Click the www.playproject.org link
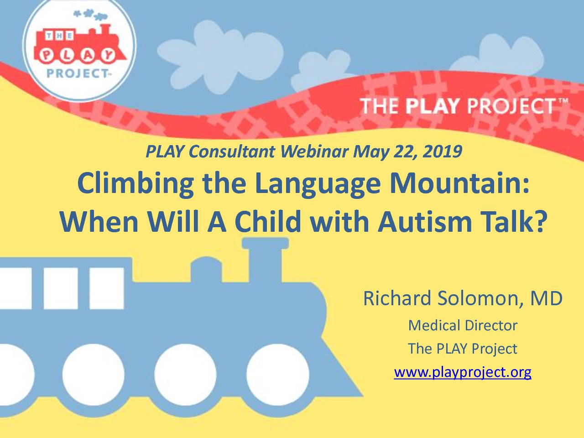(x=463, y=372)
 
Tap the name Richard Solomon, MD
(x=463, y=298)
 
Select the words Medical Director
(x=463, y=325)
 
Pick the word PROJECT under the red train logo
(x=77, y=73)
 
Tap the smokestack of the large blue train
(x=265, y=259)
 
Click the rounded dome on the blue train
(x=206, y=269)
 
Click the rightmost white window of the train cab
(x=107, y=288)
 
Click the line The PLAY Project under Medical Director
(x=463, y=349)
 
